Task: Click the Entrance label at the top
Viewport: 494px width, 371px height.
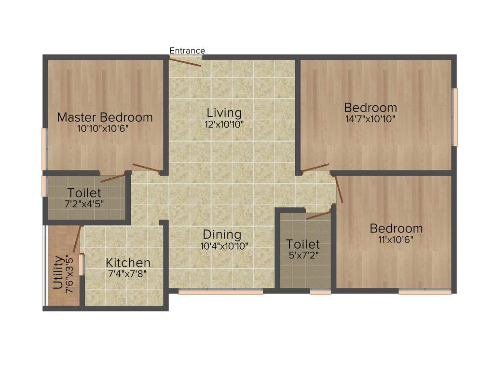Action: coord(187,51)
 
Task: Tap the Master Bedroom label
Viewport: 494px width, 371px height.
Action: coord(105,117)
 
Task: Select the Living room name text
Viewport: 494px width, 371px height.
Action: coord(224,113)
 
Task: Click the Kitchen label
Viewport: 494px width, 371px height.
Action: coord(128,263)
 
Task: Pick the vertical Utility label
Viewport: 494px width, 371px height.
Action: coord(57,272)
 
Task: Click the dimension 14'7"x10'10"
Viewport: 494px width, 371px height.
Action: coord(370,119)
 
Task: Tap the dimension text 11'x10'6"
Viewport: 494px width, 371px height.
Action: coord(396,239)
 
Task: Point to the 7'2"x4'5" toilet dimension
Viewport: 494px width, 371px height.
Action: coord(84,204)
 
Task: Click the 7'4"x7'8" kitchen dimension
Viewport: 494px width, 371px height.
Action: coord(127,273)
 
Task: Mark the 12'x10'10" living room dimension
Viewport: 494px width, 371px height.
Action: coord(224,124)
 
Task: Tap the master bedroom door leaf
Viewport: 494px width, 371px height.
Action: coord(146,168)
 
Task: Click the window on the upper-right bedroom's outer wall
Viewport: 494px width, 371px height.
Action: coord(454,116)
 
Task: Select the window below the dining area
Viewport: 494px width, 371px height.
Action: coord(220,292)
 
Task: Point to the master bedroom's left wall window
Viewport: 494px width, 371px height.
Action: coord(44,145)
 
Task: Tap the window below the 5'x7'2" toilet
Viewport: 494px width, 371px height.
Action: coord(320,292)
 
